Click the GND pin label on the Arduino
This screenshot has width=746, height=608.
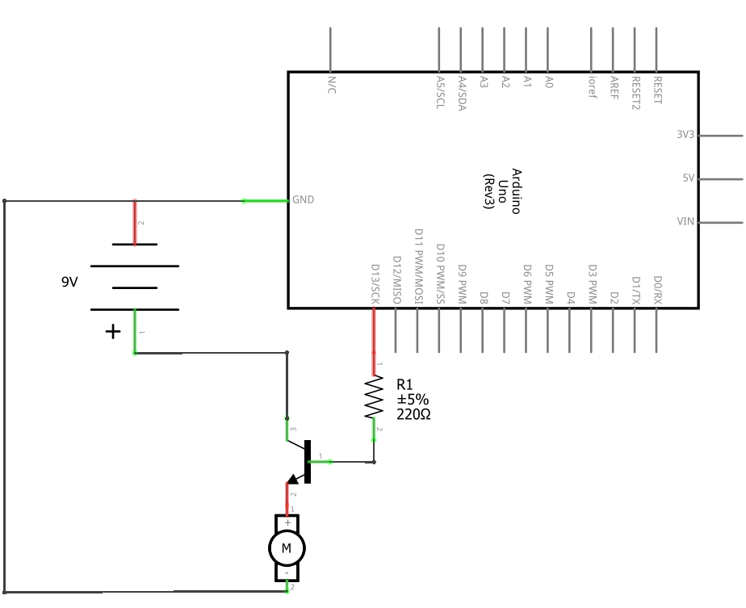coord(304,199)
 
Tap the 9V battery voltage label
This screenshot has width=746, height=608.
coord(71,283)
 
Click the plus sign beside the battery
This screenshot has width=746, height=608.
coord(113,331)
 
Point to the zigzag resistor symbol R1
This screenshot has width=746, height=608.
coord(374,397)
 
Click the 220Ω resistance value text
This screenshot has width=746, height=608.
coord(413,414)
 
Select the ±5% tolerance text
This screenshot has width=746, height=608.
coord(412,400)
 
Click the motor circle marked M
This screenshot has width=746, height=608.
coord(286,549)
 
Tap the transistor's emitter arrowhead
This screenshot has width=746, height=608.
coord(291,481)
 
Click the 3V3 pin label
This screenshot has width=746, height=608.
coord(685,135)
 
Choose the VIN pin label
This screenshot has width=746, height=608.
coord(685,221)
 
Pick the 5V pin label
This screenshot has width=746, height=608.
coord(688,178)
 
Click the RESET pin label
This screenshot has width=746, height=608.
coord(657,91)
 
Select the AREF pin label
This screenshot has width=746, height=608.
coord(614,86)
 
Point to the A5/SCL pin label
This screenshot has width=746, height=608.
coord(440,94)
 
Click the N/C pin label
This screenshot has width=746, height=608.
coord(332,85)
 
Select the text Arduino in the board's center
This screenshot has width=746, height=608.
coord(515,191)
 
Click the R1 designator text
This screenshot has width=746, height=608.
coord(404,385)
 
